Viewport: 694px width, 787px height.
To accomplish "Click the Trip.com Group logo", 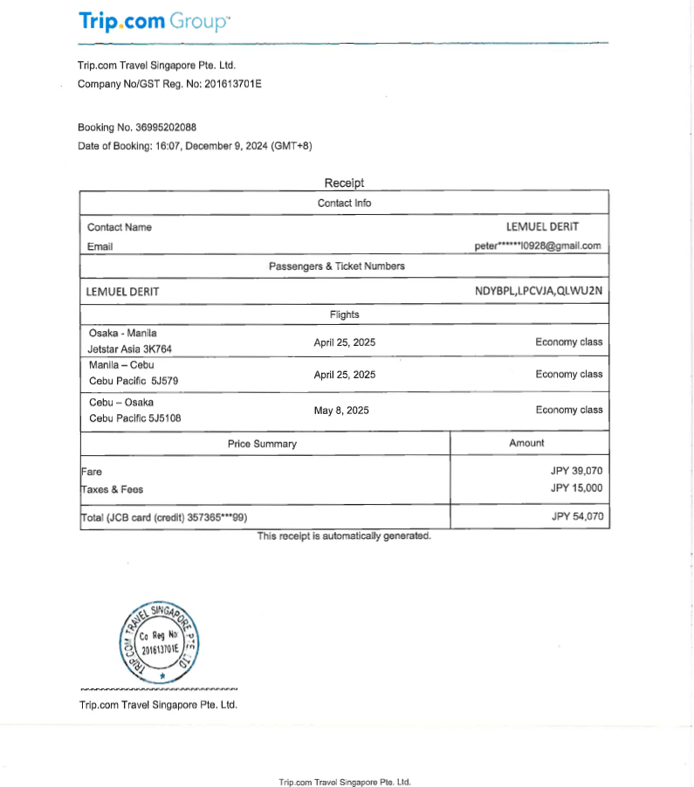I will [x=153, y=21].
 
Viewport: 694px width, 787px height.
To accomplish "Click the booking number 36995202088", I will [x=166, y=128].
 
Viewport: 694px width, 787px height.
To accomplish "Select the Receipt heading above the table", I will [x=344, y=183].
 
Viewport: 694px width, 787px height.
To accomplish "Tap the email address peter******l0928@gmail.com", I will [x=537, y=246].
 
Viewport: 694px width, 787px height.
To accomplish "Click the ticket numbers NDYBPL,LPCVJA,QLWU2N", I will [x=539, y=291].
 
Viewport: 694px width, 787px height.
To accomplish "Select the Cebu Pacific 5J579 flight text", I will [x=134, y=382].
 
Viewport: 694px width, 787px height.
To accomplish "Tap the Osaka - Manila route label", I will [x=122, y=333].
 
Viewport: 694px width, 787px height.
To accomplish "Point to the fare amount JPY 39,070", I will [x=576, y=471].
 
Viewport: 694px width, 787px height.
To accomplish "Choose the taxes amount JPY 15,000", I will [x=576, y=488].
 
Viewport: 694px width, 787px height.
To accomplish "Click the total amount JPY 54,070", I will [x=576, y=516].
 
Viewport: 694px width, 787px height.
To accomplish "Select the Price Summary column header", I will [x=262, y=444].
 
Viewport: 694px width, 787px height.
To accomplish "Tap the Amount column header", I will [x=526, y=443].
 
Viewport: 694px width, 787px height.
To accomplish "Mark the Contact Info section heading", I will [x=344, y=203].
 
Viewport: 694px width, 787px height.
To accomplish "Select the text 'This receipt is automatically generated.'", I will [x=344, y=535].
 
